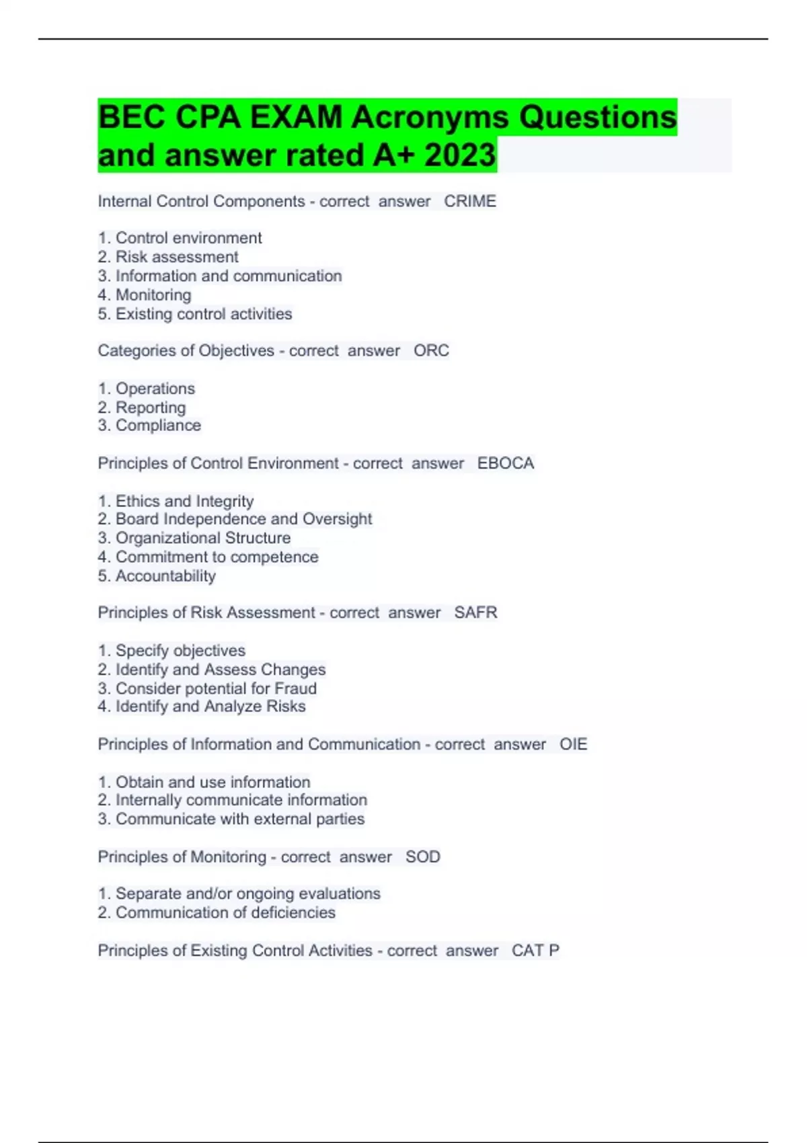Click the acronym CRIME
click(x=470, y=201)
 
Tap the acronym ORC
click(x=431, y=350)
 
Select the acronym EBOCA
click(x=506, y=463)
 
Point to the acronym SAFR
click(x=475, y=613)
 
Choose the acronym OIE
click(x=573, y=744)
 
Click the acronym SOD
click(x=422, y=857)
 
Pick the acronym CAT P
click(x=535, y=950)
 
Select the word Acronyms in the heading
click(x=430, y=118)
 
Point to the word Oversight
click(x=337, y=519)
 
